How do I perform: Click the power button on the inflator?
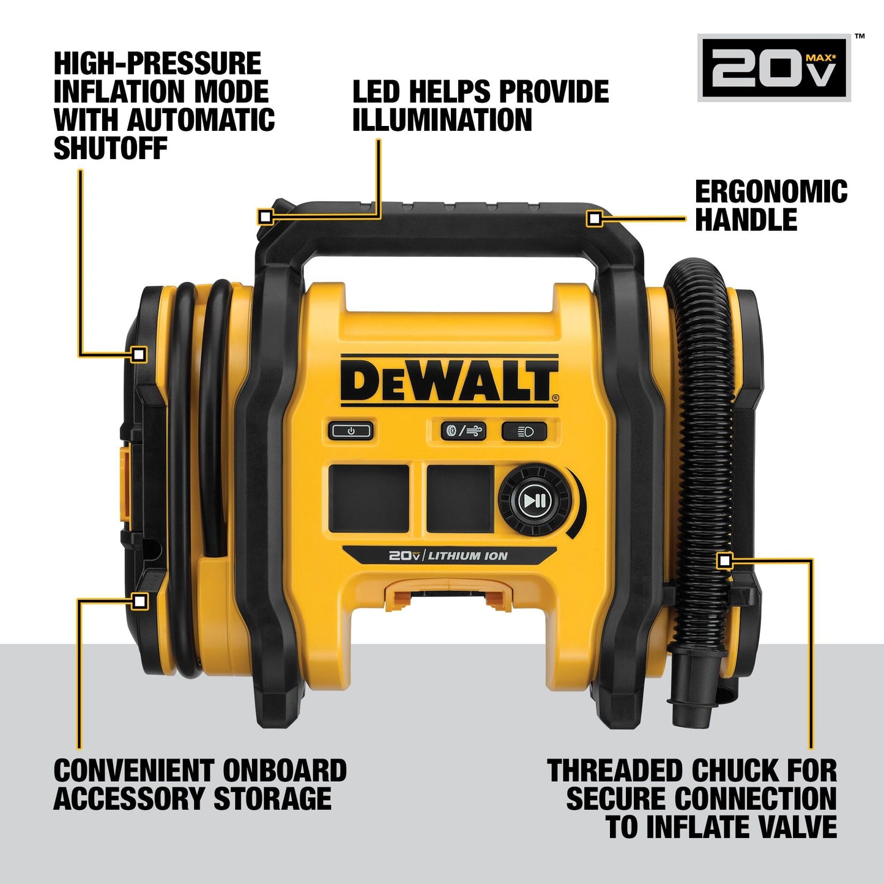pos(351,431)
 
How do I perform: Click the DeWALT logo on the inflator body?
pos(449,380)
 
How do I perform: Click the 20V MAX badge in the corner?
pos(774,67)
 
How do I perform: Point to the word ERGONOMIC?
pos(771,191)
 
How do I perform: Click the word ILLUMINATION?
pos(442,120)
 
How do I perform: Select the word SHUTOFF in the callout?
pos(110,148)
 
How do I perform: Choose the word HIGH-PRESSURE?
pos(157,64)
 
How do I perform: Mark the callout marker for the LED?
pos(265,217)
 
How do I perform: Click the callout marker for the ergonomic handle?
pos(593,218)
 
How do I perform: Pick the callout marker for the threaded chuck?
pos(724,560)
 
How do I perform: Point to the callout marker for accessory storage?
pos(140,601)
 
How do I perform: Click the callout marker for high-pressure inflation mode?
pos(139,354)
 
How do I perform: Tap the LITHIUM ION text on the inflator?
pos(467,556)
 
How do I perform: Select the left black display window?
pos(369,498)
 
